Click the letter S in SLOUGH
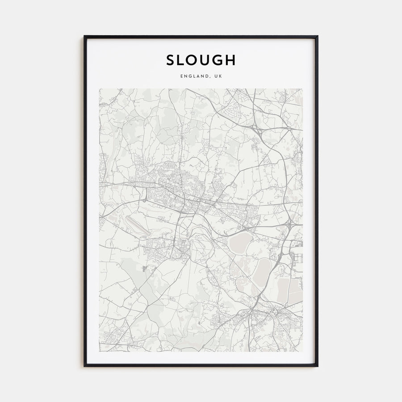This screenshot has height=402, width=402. pos(171,60)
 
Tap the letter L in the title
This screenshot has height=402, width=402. pos(183,60)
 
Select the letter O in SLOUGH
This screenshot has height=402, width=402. pos(196,60)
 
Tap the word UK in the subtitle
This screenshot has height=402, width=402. pos(218,76)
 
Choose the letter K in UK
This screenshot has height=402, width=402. pos(220,76)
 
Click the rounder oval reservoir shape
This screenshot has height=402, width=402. pos(241,243)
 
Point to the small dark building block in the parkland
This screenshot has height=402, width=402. pos(144,268)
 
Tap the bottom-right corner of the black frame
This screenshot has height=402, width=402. pos(317,366)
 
